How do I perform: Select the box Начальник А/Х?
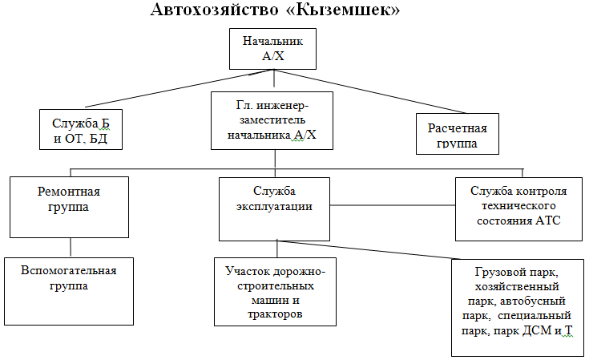pyautogui.click(x=272, y=49)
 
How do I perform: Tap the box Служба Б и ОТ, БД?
pyautogui.click(x=81, y=130)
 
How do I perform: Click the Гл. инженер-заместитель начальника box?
pyautogui.click(x=272, y=120)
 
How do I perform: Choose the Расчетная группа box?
pyautogui.click(x=458, y=134)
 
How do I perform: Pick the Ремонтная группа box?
pyautogui.click(x=69, y=207)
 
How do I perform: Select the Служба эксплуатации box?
pyautogui.click(x=274, y=209)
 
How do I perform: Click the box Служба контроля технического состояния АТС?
pyautogui.click(x=518, y=209)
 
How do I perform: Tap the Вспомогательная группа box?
pyautogui.click(x=69, y=291)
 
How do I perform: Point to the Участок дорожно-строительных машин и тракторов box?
pyautogui.click(x=275, y=292)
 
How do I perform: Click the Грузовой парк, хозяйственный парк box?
pyautogui.click(x=517, y=308)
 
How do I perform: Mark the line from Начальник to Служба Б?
pyautogui.click(x=180, y=89)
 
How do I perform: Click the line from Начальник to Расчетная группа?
pyautogui.click(x=370, y=91)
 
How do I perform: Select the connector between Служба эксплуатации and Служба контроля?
pyautogui.click(x=393, y=205)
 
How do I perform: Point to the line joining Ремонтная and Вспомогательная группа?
pyautogui.click(x=71, y=248)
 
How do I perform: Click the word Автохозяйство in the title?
pyautogui.click(x=215, y=9)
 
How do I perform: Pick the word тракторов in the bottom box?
pyautogui.click(x=275, y=313)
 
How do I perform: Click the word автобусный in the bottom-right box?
pyautogui.click(x=533, y=301)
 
